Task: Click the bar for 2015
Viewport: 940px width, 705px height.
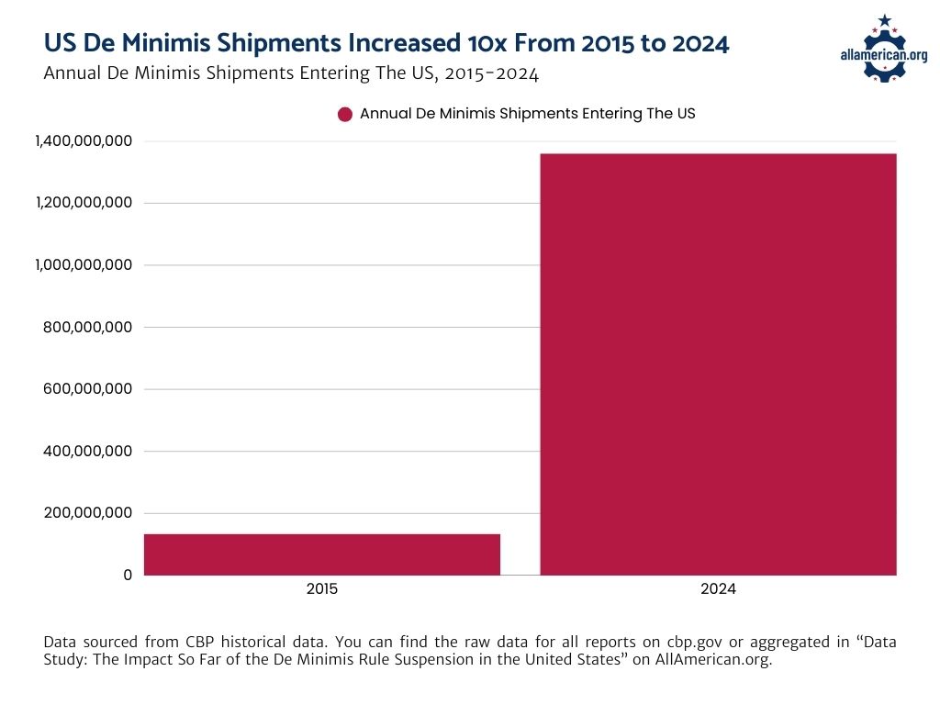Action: [x=322, y=554]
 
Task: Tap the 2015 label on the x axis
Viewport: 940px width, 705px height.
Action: [x=322, y=589]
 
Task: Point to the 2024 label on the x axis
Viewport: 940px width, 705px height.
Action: [x=718, y=589]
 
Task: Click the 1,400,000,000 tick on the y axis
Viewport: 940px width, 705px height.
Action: [x=84, y=140]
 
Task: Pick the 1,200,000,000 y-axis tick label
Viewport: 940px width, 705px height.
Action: [x=84, y=203]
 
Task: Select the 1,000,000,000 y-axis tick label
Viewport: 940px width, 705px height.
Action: [x=84, y=265]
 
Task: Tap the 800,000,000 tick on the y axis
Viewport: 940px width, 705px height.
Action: [x=88, y=327]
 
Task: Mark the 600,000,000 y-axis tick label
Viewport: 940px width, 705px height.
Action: [x=88, y=389]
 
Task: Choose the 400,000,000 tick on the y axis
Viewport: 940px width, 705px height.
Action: [x=88, y=451]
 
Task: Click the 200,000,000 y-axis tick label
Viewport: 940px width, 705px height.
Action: [x=88, y=513]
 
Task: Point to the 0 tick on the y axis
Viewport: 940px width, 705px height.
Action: [x=128, y=575]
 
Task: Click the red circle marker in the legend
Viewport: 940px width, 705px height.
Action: [x=345, y=115]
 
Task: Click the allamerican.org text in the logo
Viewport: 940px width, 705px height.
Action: [x=884, y=55]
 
